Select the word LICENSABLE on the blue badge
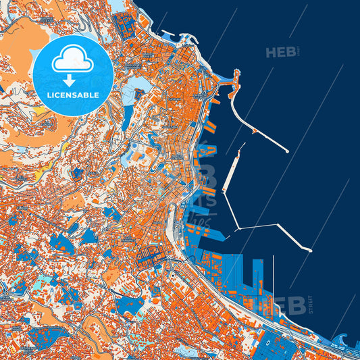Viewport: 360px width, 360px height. pyautogui.click(x=72, y=95)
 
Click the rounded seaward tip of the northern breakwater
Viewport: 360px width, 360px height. pyautogui.click(x=287, y=151)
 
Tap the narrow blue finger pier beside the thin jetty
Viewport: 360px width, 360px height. pyautogui.click(x=257, y=273)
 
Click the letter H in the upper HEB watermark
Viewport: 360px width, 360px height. pyautogui.click(x=272, y=52)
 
